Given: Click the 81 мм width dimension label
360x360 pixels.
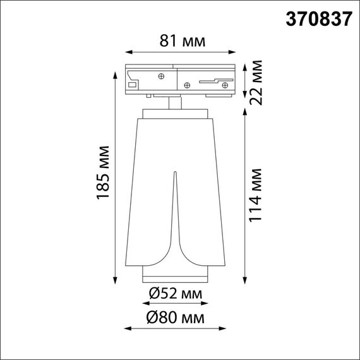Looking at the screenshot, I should click(174, 42).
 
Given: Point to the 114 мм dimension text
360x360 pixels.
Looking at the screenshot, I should click(256, 195).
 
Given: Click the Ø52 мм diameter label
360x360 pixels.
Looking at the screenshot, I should click(176, 294).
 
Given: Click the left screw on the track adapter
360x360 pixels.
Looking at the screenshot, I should click(162, 77).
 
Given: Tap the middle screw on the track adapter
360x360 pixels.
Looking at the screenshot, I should click(187, 83).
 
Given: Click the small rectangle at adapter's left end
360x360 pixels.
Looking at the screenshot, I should click(133, 84).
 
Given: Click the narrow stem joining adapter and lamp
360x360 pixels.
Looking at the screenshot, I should click(174, 103).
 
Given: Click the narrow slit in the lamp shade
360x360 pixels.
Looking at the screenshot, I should click(175, 208).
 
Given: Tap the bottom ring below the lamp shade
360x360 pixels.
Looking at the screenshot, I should click(175, 278).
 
